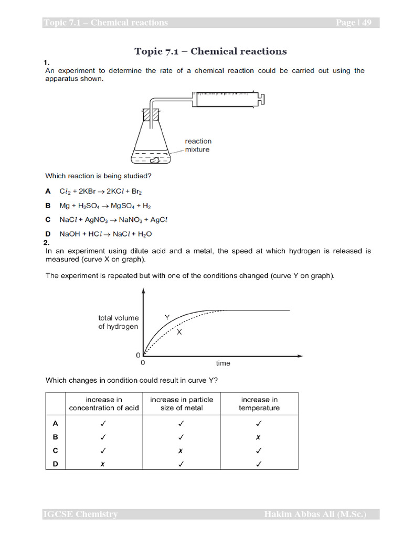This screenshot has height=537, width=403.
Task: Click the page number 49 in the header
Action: tap(366, 23)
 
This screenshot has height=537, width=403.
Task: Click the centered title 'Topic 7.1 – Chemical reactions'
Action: tap(210, 51)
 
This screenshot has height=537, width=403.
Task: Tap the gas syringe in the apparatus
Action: tap(226, 98)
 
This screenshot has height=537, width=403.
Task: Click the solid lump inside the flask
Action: tap(156, 160)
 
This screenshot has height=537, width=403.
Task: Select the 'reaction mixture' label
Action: tap(198, 145)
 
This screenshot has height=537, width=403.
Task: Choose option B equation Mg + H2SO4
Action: tap(105, 206)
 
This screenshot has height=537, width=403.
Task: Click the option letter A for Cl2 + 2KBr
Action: tap(48, 192)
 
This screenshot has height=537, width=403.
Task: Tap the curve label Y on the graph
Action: tap(167, 317)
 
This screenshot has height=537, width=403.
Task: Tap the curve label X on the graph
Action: tap(179, 332)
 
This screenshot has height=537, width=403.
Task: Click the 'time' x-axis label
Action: tap(223, 363)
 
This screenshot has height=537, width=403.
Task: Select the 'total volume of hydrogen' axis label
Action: tap(119, 322)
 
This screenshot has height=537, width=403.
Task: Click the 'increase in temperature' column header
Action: tap(259, 404)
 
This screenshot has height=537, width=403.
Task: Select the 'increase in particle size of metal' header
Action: tap(182, 404)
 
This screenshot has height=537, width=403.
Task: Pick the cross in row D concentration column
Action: tap(104, 464)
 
